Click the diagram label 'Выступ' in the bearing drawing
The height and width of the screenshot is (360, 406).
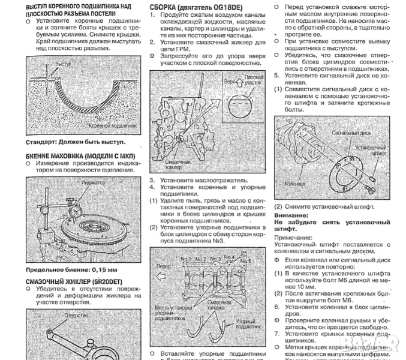point(64,63)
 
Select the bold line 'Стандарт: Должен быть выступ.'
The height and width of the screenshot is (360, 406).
point(76,142)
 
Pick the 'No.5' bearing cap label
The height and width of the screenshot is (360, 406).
point(245,261)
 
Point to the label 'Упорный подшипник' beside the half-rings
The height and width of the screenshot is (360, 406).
point(246,325)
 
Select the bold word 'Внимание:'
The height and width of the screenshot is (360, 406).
point(291,215)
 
